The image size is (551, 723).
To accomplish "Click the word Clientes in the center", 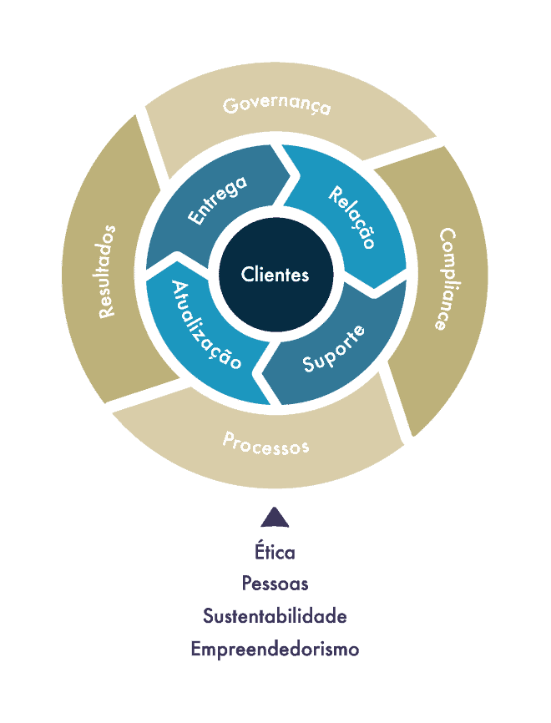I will click(275, 274).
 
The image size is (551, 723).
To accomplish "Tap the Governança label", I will click(276, 106).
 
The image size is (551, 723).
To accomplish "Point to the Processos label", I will click(265, 442).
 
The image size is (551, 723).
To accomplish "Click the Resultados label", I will click(107, 271).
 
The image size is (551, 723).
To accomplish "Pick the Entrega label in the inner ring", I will click(217, 200).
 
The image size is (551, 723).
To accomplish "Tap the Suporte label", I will click(334, 348).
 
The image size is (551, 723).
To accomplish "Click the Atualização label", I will click(206, 326).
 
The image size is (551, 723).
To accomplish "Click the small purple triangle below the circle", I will click(275, 518).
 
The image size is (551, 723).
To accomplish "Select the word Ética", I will click(275, 552).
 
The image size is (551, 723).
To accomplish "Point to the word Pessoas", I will click(275, 584).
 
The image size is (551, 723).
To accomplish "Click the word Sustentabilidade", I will click(275, 616).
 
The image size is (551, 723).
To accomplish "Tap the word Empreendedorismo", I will click(275, 649).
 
